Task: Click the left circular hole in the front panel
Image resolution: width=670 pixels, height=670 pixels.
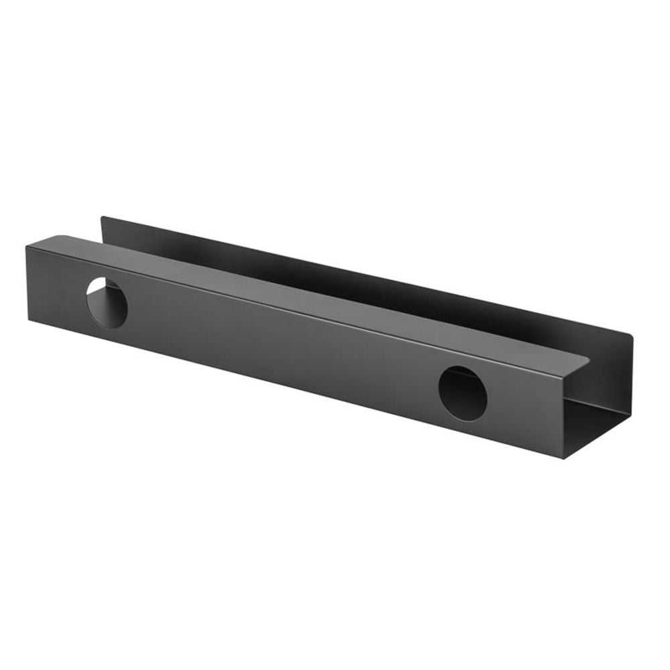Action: pyautogui.click(x=107, y=303)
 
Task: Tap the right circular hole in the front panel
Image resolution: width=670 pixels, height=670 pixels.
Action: pyautogui.click(x=462, y=393)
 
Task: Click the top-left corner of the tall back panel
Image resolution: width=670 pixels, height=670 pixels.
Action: pyautogui.click(x=102, y=217)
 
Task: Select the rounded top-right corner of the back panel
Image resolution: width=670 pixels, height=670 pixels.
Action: pyautogui.click(x=630, y=334)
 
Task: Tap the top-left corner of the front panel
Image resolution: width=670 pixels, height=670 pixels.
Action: pyautogui.click(x=27, y=247)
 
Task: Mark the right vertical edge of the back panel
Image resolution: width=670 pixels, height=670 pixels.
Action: pyautogui.click(x=631, y=375)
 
